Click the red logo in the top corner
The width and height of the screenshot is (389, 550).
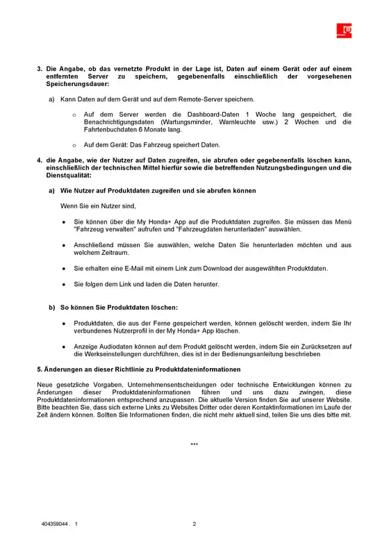point(345,29)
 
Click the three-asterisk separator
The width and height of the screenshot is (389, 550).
point(194,444)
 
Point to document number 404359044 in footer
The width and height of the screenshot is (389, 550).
point(56,524)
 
